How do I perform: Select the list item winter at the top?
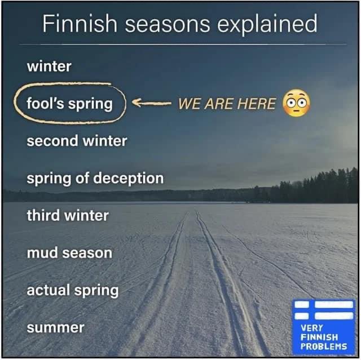[x=49, y=66]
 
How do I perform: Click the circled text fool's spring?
[x=70, y=104]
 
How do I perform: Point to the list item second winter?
[x=77, y=141]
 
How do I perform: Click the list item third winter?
[x=68, y=215]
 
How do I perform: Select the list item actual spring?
[x=73, y=291]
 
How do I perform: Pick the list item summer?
[x=55, y=327]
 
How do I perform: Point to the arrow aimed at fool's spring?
[x=151, y=104]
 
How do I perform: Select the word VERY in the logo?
[x=312, y=328]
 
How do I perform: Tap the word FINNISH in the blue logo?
[x=319, y=337]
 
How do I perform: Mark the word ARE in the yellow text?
[x=218, y=104]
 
